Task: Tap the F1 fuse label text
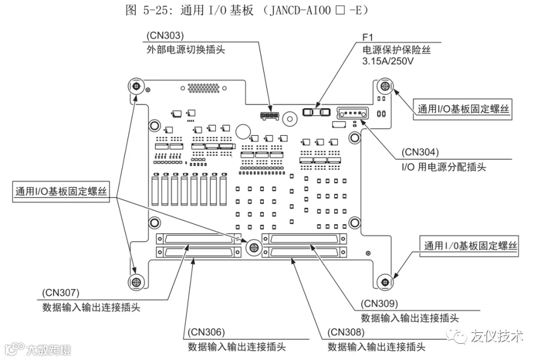(367, 37)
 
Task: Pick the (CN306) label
(206, 332)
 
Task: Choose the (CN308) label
(346, 332)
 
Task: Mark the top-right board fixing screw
(384, 86)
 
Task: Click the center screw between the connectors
(254, 246)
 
